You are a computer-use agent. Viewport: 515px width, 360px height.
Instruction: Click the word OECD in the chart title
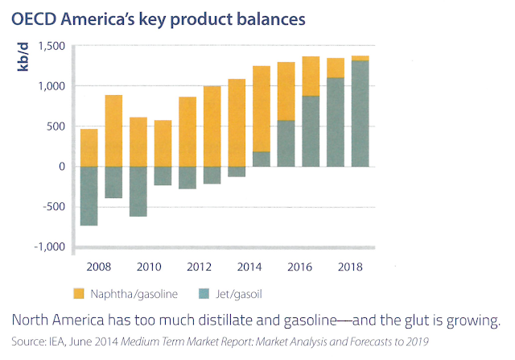[x=34, y=19]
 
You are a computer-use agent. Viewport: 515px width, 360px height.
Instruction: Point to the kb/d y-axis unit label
[x=23, y=56]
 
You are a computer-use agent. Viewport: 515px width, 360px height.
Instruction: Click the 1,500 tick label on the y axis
[x=51, y=46]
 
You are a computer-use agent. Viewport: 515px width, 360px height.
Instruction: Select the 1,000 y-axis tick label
[x=51, y=86]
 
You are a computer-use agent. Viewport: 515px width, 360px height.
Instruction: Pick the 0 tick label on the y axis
[x=62, y=167]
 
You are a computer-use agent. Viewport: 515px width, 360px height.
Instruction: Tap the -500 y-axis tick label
[x=54, y=207]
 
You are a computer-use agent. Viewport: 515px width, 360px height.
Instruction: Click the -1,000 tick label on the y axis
[x=50, y=247]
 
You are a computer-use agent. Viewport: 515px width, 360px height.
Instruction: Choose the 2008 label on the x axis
[x=98, y=267]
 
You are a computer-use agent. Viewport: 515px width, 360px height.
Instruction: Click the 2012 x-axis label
[x=199, y=267]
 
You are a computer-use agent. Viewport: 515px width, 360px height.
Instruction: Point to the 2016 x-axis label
[x=299, y=267]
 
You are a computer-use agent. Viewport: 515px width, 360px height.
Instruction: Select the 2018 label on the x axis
[x=350, y=267]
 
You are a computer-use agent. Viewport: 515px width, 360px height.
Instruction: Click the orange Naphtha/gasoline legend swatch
[x=79, y=294]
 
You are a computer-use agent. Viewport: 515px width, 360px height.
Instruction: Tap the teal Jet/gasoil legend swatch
[x=204, y=294]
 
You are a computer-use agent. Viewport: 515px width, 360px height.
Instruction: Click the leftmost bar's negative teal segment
[x=89, y=196]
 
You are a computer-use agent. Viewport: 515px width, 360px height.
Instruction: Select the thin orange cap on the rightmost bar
[x=360, y=58]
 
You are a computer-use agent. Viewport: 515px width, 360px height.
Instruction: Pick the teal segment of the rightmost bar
[x=360, y=114]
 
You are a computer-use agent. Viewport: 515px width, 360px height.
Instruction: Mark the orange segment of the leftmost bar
[x=89, y=147]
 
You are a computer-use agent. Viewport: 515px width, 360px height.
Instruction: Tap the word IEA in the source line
[x=58, y=341]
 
